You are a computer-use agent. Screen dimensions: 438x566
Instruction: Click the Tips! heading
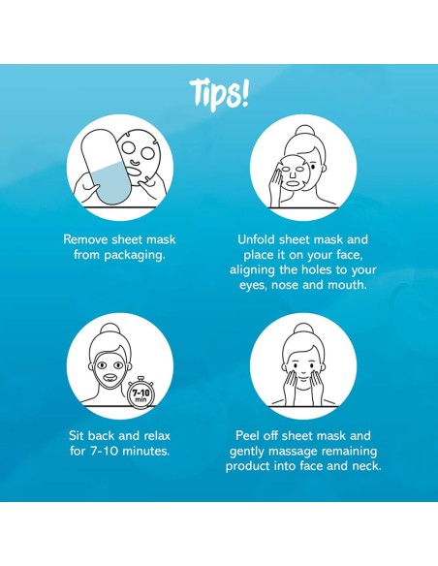pyautogui.click(x=219, y=95)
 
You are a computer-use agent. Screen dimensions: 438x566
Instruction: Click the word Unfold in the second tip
pyautogui.click(x=256, y=239)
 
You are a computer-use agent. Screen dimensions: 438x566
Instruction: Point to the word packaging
pyautogui.click(x=135, y=256)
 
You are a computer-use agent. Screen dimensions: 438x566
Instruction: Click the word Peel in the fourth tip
pyautogui.click(x=247, y=436)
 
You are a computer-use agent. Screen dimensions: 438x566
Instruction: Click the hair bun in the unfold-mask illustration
pyautogui.click(x=305, y=132)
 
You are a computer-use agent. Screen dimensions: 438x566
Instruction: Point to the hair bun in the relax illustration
pyautogui.click(x=110, y=330)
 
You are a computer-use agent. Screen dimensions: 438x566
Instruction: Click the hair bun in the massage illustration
pyautogui.click(x=302, y=330)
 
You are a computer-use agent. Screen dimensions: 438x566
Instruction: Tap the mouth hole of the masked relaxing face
pyautogui.click(x=109, y=378)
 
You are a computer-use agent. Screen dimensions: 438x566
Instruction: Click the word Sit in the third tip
pyautogui.click(x=77, y=436)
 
